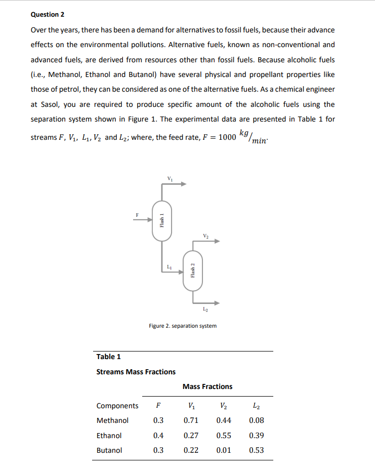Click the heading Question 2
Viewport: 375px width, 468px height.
48,14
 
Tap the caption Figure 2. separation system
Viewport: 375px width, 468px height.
183,326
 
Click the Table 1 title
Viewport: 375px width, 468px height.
109,357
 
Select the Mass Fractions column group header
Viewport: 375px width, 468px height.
207,386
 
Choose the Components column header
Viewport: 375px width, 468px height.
117,406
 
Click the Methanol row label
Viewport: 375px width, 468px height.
112,420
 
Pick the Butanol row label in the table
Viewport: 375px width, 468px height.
109,450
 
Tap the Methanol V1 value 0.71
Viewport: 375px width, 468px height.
190,420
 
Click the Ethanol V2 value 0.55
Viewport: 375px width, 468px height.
224,436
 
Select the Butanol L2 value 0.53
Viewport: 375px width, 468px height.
257,450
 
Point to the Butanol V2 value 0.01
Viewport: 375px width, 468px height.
224,450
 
